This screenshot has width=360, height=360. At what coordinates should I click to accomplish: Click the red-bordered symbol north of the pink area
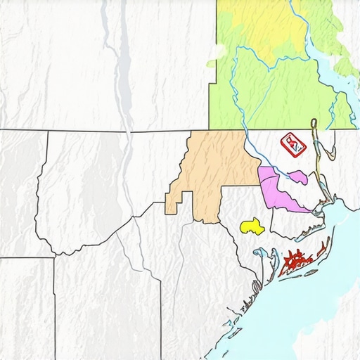tap(292, 144)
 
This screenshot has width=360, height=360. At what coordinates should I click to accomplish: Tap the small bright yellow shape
tap(251, 226)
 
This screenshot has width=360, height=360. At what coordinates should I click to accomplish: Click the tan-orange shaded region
tap(211, 172)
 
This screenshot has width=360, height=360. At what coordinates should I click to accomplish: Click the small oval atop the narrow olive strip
tap(314, 125)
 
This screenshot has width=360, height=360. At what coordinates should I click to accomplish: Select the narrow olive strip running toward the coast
tap(318, 169)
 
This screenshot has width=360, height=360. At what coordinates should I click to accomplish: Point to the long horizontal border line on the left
tap(84, 131)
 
